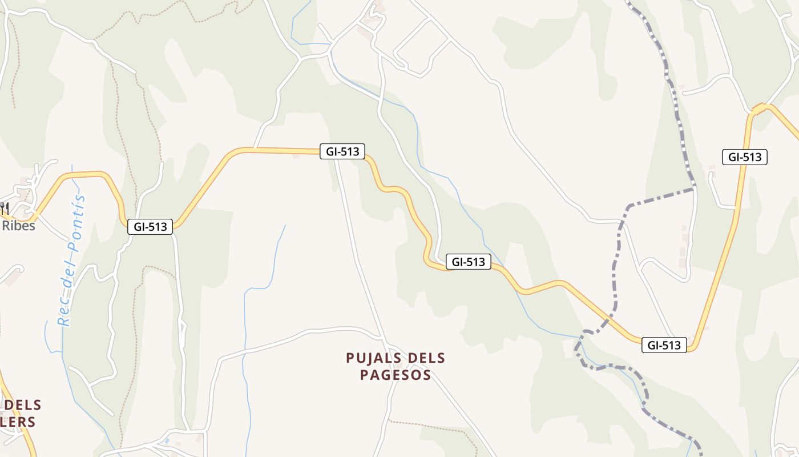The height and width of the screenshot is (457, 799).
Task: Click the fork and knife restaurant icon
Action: coord(5,207)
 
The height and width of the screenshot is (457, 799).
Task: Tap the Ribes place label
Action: coord(18,226)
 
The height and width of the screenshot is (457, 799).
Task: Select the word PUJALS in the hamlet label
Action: coord(374,358)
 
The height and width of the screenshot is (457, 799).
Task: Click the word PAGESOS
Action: coord(396,375)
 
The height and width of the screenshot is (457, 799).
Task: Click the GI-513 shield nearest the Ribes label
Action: coord(150,227)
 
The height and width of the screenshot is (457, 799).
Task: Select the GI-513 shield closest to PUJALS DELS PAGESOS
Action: coord(468,262)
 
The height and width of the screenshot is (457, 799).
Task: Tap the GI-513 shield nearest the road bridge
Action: coord(744,157)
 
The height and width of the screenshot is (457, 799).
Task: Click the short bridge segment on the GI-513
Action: coord(759,108)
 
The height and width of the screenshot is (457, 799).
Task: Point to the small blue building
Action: coord(166,441)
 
